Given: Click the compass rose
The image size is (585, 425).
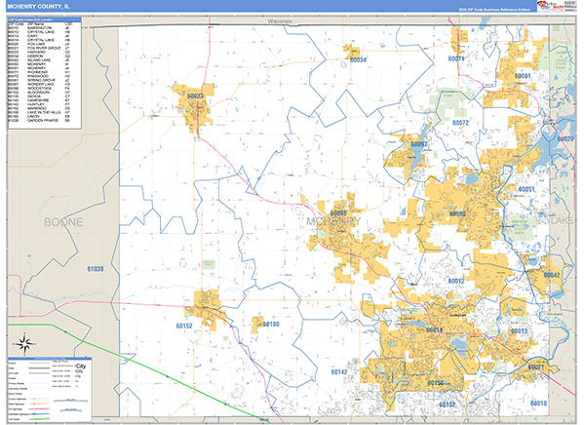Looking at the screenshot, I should [23, 343].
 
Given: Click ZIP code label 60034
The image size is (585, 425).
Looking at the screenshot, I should [358, 60].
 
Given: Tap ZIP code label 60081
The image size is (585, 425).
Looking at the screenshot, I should [523, 76].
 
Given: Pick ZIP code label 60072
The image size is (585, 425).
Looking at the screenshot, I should [460, 123].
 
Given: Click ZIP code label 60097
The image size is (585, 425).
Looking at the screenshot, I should [418, 144].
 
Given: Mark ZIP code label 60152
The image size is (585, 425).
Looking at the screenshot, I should [185, 326].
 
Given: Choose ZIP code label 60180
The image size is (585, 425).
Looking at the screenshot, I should [270, 324].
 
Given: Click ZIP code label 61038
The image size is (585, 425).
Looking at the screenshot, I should [95, 268].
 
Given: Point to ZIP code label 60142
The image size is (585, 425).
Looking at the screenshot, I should [338, 371].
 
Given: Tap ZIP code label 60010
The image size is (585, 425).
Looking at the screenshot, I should [539, 403].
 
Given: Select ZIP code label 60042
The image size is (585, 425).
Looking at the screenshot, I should [552, 276].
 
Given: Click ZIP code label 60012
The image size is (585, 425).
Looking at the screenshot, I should [455, 281].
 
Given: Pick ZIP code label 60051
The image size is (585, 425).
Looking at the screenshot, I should [527, 188].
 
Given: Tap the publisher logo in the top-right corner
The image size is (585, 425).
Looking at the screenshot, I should [559, 7].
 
